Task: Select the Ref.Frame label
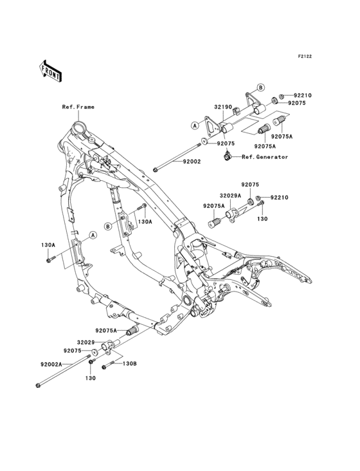click(x=78, y=107)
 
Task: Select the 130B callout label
click(x=130, y=364)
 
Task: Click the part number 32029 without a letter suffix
click(x=86, y=342)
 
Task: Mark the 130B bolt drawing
click(x=110, y=365)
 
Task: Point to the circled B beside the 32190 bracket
click(x=261, y=87)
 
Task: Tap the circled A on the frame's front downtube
click(x=93, y=235)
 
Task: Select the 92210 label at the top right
click(x=303, y=95)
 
